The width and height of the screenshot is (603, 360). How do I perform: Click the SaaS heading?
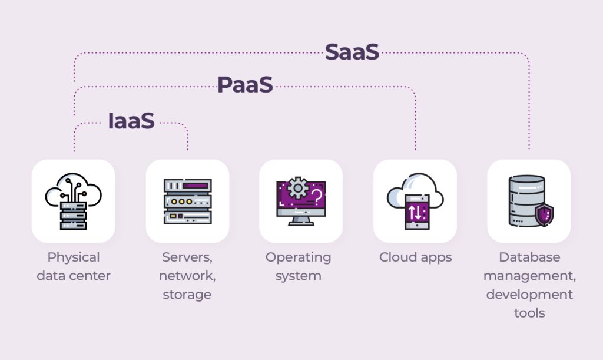(x=352, y=52)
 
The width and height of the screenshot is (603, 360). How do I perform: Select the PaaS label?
(x=245, y=85)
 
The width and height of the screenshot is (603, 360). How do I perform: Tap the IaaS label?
(x=131, y=121)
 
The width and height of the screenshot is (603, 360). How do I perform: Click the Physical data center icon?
(x=73, y=201)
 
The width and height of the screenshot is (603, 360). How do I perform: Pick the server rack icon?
(x=188, y=201)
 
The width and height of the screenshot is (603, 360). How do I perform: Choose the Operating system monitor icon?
(x=301, y=201)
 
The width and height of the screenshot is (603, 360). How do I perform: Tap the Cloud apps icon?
(x=415, y=201)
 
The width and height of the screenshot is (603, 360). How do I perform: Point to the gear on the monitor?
(x=297, y=188)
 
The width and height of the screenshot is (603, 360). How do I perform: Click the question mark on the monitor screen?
(x=317, y=196)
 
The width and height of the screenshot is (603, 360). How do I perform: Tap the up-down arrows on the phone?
(x=415, y=212)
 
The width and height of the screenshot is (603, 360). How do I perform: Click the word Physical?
(x=74, y=257)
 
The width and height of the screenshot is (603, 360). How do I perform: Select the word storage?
(x=187, y=295)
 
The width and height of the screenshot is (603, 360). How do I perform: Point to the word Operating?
(x=298, y=257)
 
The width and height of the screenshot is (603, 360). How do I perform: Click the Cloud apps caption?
(x=415, y=257)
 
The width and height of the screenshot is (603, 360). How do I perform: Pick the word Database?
(x=529, y=257)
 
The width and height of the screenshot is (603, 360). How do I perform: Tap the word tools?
(x=529, y=313)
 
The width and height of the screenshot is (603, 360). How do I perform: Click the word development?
(x=529, y=295)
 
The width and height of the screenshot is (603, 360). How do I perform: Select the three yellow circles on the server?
(x=181, y=201)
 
